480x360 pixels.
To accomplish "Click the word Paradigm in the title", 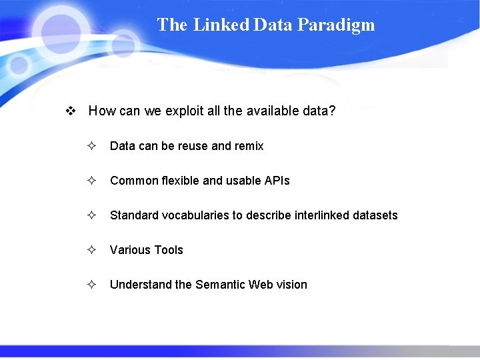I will [x=336, y=25].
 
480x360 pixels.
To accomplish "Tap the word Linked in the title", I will [x=221, y=25].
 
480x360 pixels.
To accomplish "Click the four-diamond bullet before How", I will [x=70, y=111].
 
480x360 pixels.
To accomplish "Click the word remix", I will [x=249, y=146].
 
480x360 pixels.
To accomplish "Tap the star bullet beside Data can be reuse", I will [x=91, y=146].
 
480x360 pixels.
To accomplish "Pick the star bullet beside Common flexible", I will [x=91, y=181].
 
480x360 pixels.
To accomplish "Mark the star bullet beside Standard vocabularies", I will [x=91, y=215].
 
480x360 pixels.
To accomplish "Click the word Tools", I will [x=169, y=250].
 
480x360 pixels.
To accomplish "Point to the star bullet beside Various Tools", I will [x=91, y=250].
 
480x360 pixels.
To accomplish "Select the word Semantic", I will [x=220, y=285].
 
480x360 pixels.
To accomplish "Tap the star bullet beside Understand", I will [x=91, y=285].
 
